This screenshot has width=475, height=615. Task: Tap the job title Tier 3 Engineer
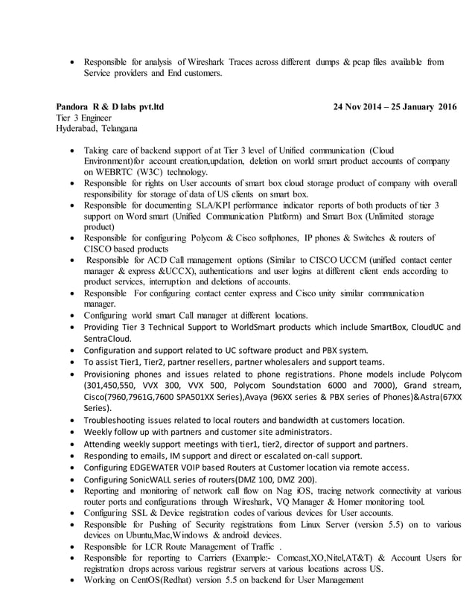(84, 118)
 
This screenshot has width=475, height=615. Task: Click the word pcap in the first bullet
(358, 62)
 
